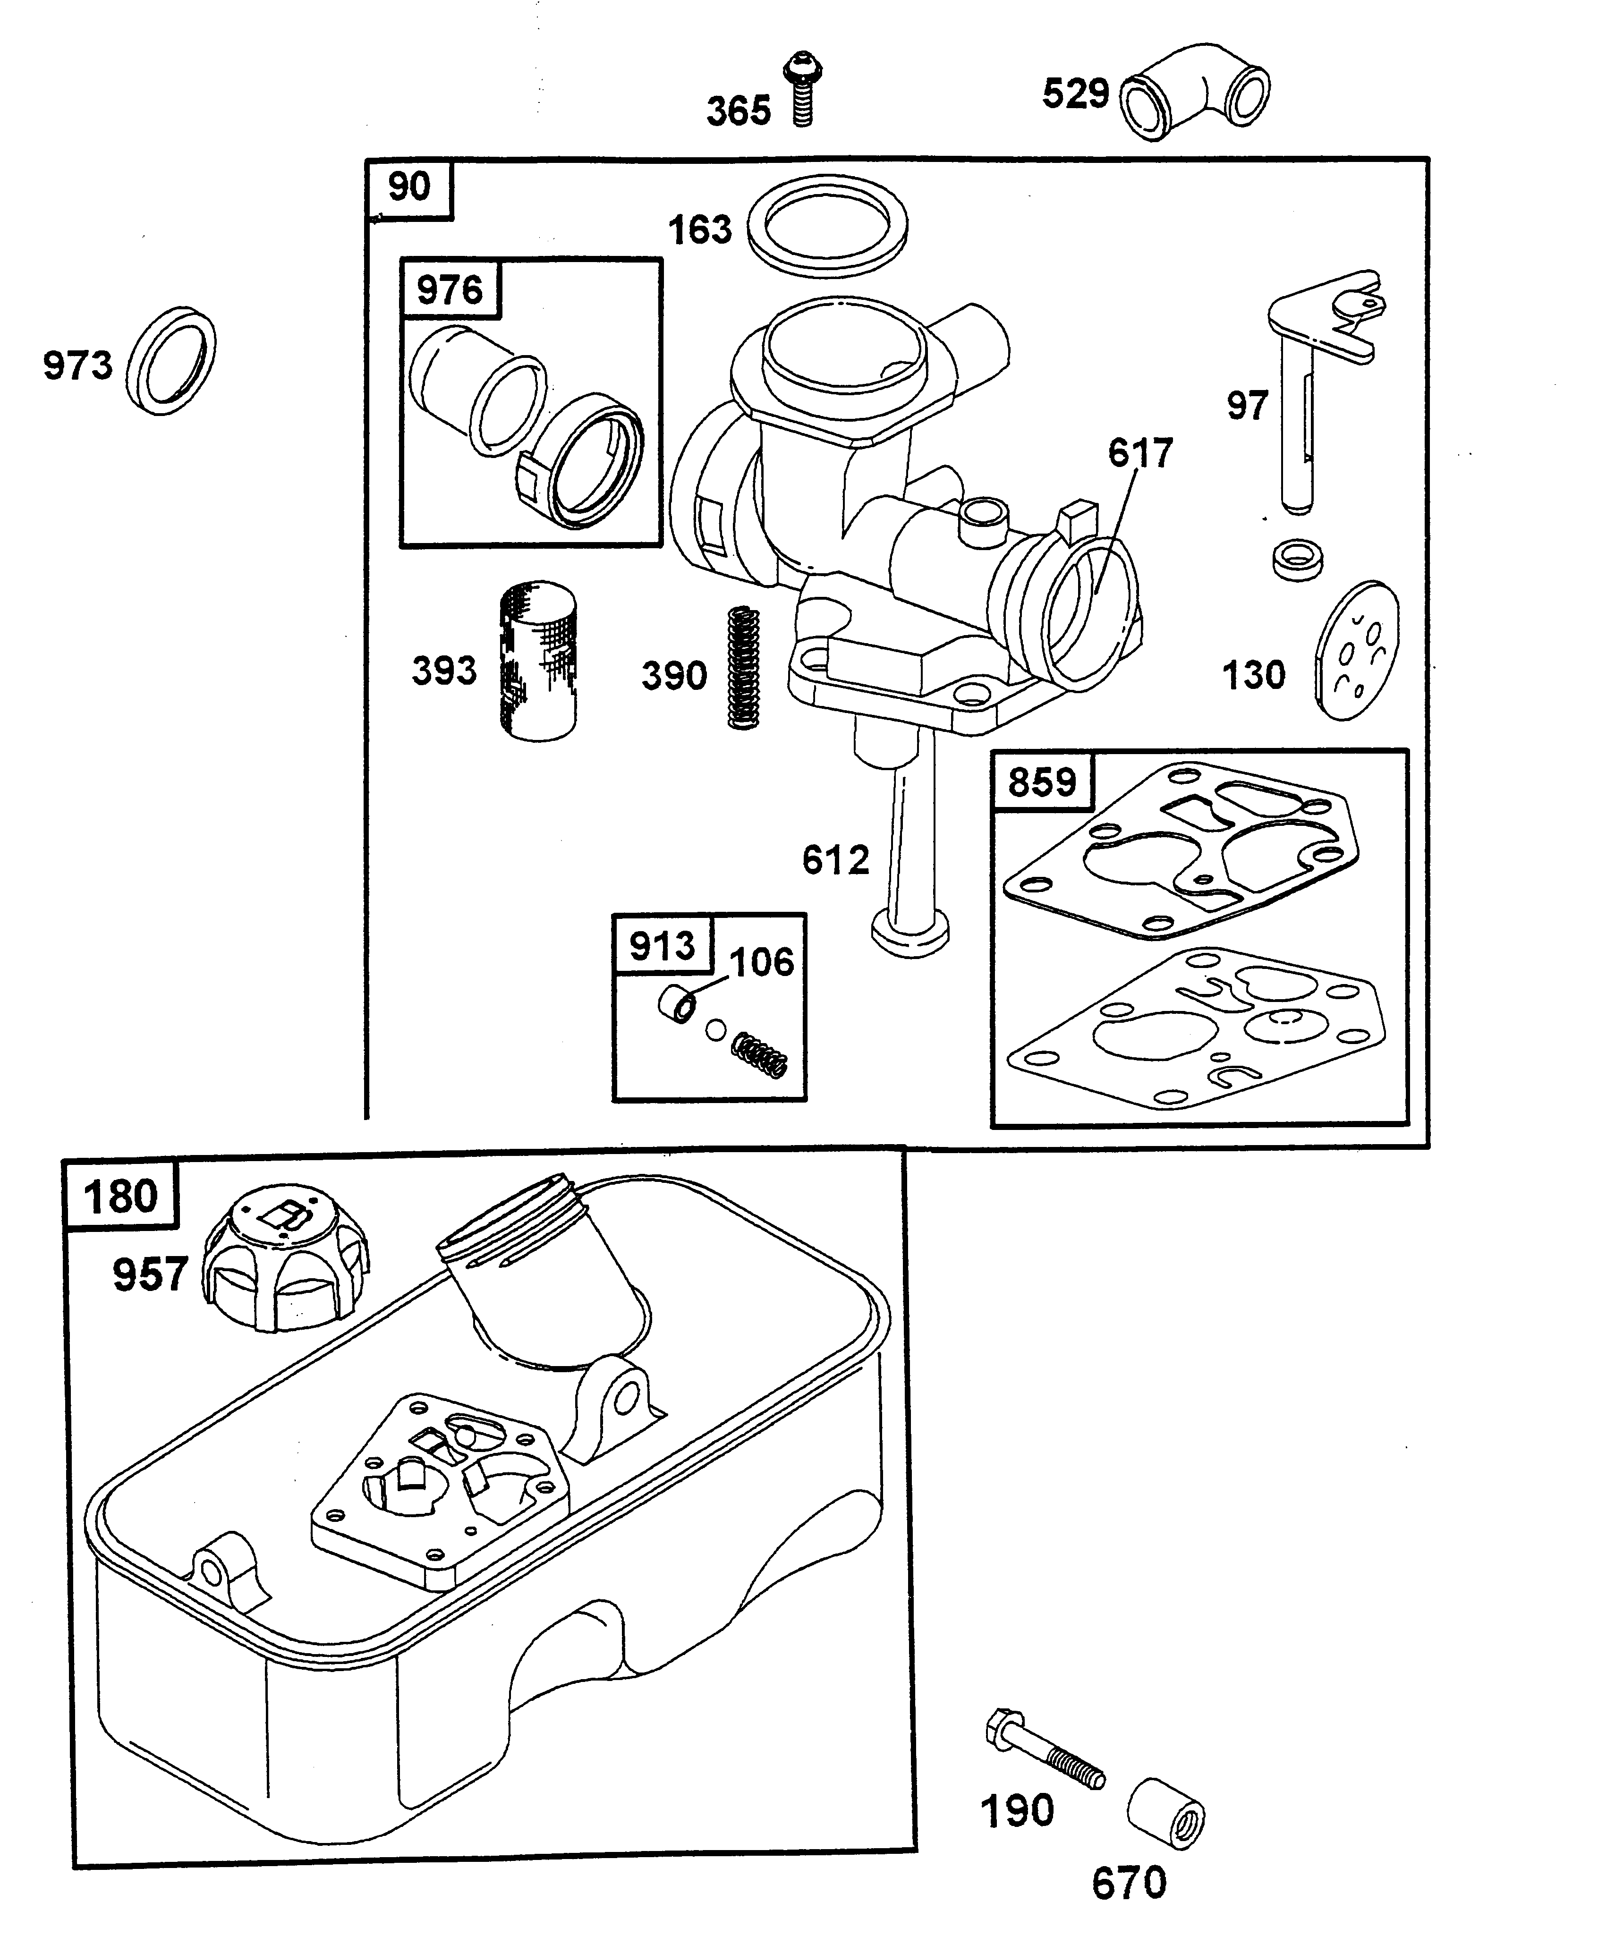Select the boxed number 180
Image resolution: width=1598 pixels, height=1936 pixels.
tap(120, 1197)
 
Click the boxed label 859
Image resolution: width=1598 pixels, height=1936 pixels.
tap(1041, 782)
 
